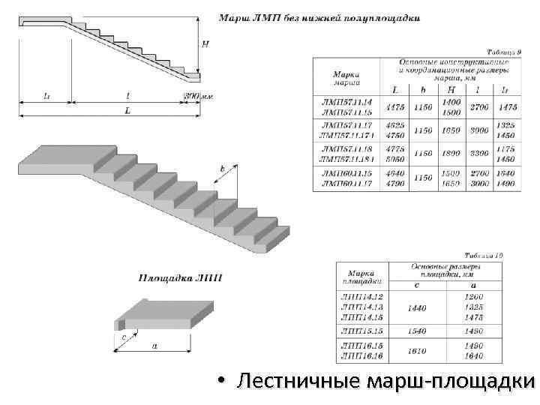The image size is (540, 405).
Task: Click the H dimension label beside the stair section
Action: (205, 43)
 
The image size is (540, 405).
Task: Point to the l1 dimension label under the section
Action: (46, 96)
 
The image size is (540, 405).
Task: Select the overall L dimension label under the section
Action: (127, 110)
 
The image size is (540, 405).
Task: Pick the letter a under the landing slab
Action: (154, 346)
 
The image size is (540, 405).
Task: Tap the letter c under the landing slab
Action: (123, 338)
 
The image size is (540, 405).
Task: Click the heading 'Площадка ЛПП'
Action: (179, 277)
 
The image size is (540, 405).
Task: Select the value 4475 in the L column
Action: (394, 107)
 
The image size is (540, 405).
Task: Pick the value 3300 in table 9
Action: (478, 154)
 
